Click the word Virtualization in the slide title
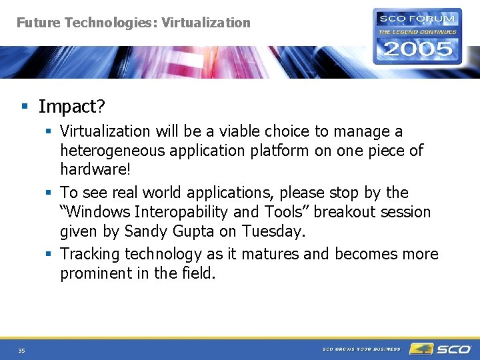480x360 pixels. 206,23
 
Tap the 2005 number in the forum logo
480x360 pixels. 417,49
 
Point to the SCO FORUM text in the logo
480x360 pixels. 417,19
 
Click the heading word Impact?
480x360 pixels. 71,107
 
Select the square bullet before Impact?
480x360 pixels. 25,107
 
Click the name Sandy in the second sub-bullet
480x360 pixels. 147,231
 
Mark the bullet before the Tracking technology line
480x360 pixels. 49,254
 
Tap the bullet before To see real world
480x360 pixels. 49,193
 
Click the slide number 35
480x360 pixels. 21,350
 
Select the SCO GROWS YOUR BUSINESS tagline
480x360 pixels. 362,349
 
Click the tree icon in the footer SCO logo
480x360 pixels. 421,349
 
